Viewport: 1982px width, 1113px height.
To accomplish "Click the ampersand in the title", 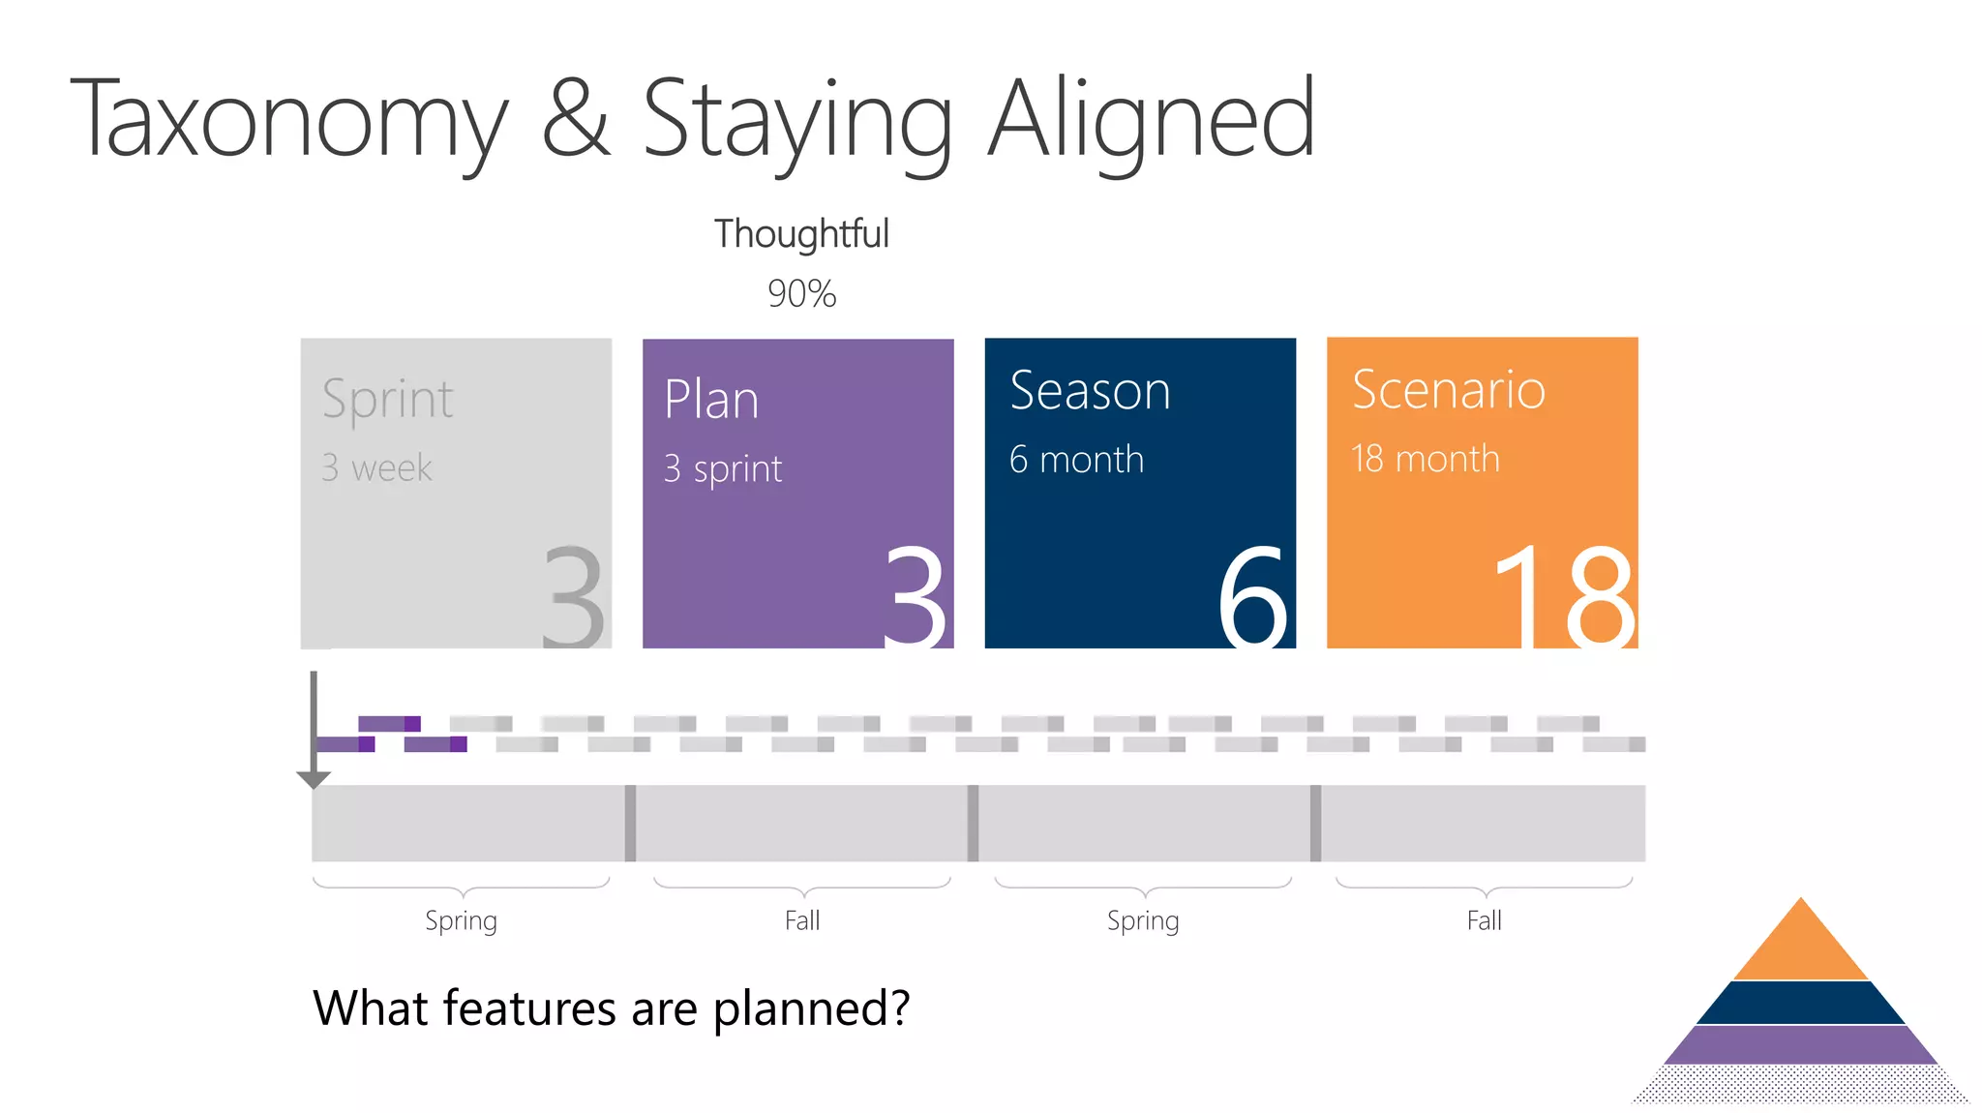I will click(576, 118).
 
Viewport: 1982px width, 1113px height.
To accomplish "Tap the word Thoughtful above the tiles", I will click(801, 234).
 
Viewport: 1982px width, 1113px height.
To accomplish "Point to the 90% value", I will click(801, 293).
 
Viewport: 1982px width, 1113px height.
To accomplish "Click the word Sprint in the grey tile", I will click(387, 399).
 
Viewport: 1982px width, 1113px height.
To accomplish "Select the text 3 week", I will click(376, 467).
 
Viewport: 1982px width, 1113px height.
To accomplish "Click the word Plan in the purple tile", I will click(711, 400).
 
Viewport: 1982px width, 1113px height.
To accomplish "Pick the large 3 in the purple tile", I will click(914, 595).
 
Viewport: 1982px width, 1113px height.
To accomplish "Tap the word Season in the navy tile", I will click(1090, 391).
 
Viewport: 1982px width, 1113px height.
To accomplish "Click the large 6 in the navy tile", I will click(1253, 595).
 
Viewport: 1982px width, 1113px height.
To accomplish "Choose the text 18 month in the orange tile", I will click(1425, 459).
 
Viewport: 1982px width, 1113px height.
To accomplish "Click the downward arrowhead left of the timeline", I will click(314, 779).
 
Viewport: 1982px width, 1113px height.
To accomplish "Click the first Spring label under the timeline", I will click(461, 920).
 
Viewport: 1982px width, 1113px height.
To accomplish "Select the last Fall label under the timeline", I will click(1484, 920).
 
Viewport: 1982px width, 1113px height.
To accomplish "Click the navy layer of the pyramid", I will click(1800, 1003).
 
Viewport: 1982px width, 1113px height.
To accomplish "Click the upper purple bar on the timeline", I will click(389, 723).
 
